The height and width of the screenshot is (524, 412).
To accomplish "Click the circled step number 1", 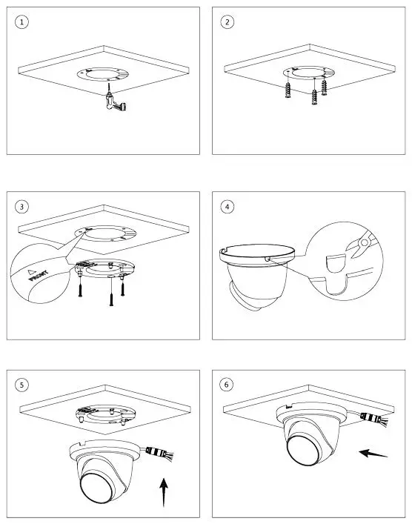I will coord(24,22).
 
